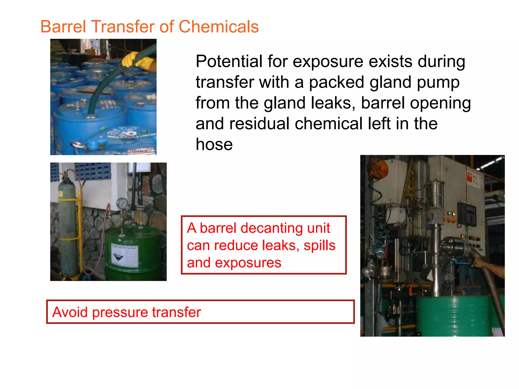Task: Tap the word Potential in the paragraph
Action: [x=229, y=62]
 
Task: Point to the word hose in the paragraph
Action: [x=214, y=144]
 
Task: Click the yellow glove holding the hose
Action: [x=138, y=60]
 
